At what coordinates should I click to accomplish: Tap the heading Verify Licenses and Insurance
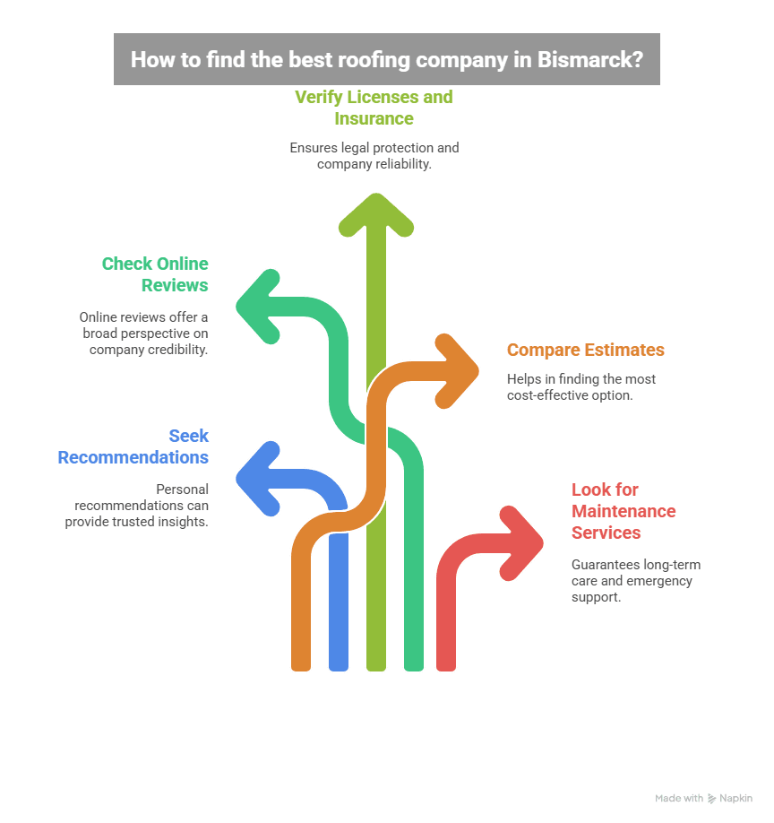tap(374, 108)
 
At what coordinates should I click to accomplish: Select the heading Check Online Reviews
tap(155, 274)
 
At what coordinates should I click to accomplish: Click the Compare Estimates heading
tap(585, 350)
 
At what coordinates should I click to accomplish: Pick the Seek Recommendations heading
tap(133, 446)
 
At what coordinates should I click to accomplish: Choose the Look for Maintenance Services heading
tap(623, 511)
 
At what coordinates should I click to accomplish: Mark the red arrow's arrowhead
tap(528, 541)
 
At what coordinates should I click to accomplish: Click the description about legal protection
tap(374, 156)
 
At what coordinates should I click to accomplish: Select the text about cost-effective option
tap(581, 386)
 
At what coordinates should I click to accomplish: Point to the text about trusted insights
tap(136, 505)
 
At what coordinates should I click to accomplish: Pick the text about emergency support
tap(635, 580)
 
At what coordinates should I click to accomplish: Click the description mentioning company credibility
tap(143, 333)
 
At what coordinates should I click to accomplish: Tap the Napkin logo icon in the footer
tap(711, 798)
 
